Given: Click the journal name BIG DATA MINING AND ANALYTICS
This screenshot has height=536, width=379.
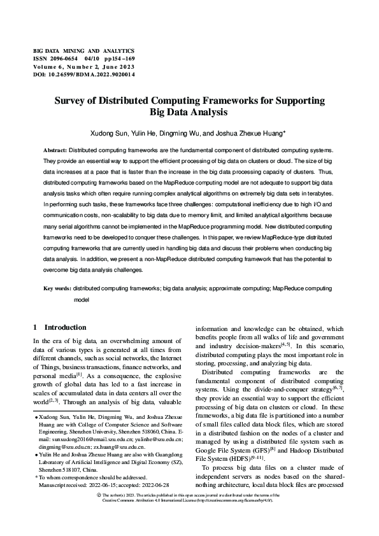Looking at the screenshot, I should click(83, 50).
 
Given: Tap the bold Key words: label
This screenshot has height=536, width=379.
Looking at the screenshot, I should click(57, 288).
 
